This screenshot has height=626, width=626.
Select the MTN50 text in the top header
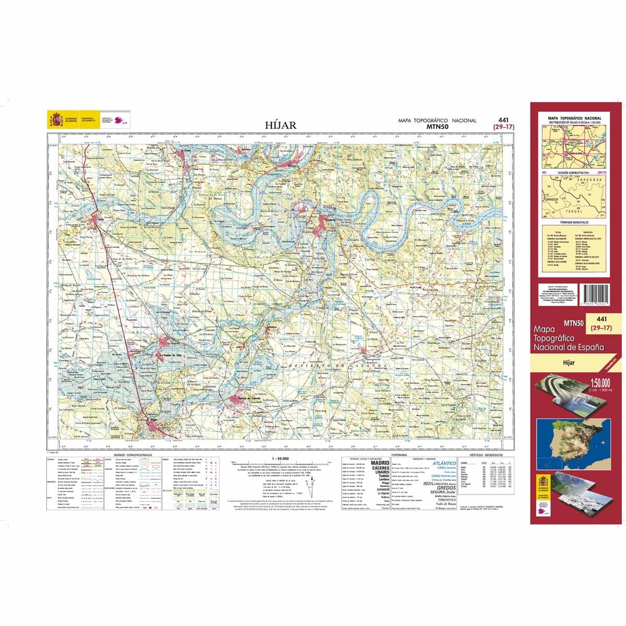click(x=438, y=126)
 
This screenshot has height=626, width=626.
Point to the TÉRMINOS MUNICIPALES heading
click(x=572, y=222)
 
